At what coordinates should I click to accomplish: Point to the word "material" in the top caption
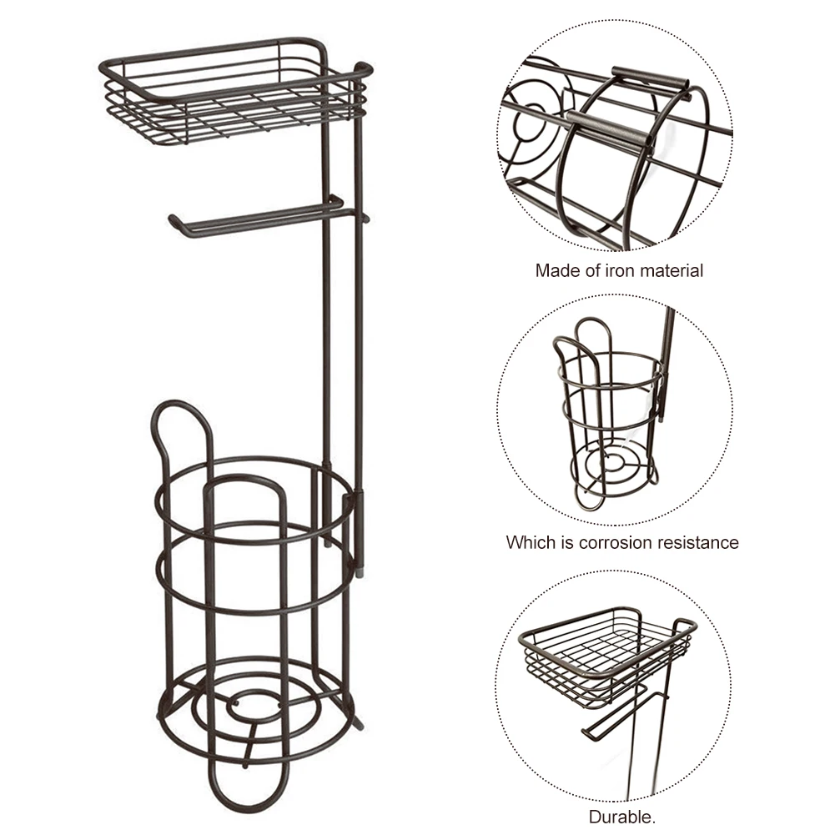click(671, 270)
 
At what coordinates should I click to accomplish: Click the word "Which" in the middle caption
click(529, 542)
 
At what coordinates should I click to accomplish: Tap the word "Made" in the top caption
click(556, 270)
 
